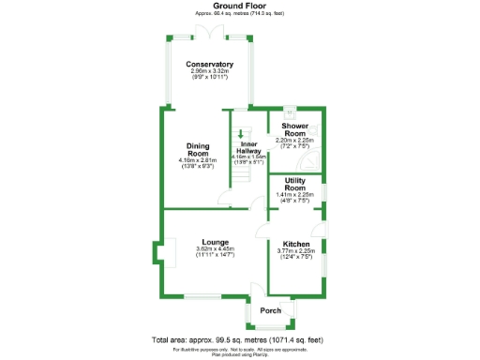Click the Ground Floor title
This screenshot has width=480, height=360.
239,6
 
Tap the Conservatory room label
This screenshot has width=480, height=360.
209,64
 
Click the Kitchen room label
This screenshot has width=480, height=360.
297,243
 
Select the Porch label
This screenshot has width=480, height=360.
271,310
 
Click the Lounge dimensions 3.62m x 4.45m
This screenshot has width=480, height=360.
215,248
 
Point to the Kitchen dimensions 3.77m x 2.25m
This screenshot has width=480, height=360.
297,251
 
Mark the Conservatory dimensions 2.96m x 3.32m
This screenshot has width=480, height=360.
209,71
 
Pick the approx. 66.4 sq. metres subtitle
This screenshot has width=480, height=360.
239,14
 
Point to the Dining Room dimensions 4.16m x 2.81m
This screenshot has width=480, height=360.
197,160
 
